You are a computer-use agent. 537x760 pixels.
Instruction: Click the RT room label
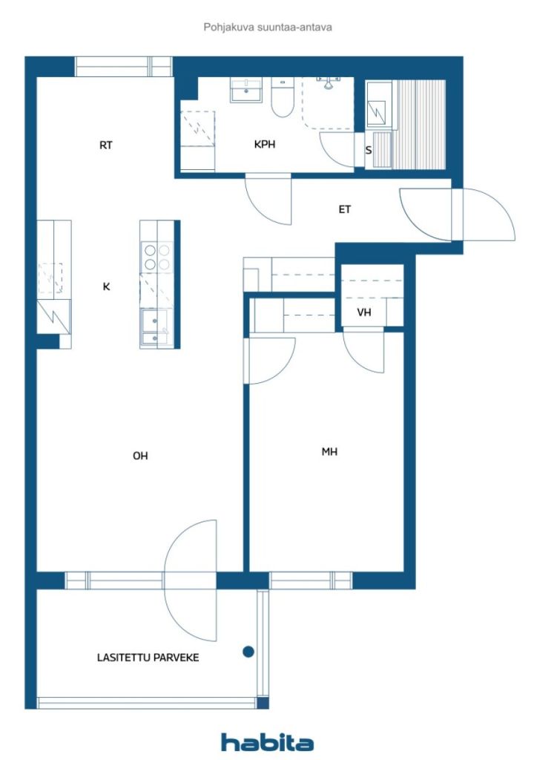coord(105,145)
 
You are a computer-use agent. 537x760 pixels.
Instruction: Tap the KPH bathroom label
coord(264,144)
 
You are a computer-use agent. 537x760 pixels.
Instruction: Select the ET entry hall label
coord(344,209)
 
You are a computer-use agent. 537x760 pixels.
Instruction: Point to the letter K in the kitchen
coord(106,286)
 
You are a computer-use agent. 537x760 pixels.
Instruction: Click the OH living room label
coord(140,456)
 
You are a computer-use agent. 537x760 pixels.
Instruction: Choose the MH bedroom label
coord(329,452)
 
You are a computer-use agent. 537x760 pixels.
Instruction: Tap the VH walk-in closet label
coord(364,312)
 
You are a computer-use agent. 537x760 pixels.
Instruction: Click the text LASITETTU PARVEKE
coord(148,658)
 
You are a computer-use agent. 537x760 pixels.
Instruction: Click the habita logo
coord(267,742)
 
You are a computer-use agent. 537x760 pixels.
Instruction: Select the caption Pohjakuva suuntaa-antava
coord(268,27)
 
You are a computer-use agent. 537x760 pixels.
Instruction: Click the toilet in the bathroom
coord(283,97)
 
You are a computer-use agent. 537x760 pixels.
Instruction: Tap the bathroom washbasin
coord(246,90)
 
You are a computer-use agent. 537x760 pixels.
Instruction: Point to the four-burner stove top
coord(157,257)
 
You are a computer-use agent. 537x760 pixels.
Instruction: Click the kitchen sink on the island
coord(155,328)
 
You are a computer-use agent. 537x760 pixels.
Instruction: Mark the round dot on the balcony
coord(248,652)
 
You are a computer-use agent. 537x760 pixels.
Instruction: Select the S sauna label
coord(369,150)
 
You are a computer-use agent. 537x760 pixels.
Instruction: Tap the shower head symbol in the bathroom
coord(329,82)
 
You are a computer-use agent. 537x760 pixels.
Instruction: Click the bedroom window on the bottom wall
coord(310,580)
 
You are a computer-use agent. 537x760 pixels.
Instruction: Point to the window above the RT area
coord(123,67)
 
